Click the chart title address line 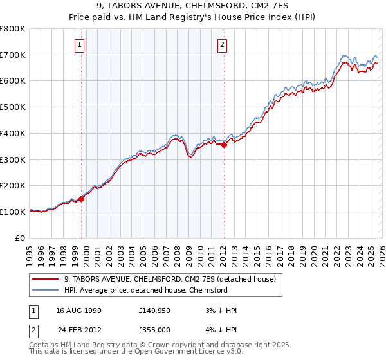tap(192, 6)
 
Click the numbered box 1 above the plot tap(79, 44)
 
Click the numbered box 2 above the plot tap(222, 44)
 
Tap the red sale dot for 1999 tap(82, 198)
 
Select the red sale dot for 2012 tap(224, 145)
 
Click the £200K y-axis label tap(13, 186)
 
